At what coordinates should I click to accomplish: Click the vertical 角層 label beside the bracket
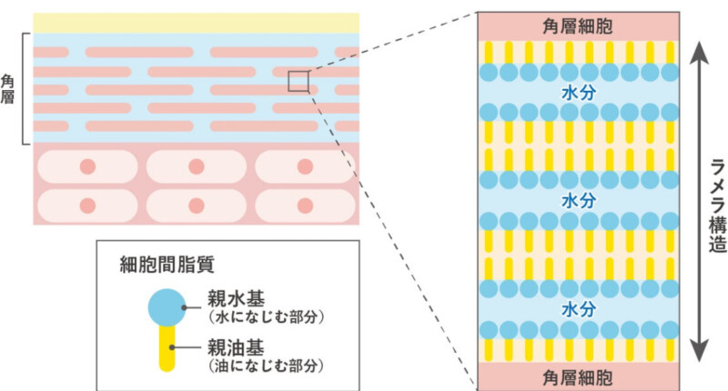pos(7,89)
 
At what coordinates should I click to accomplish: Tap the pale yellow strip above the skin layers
pos(196,23)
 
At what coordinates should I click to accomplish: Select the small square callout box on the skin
pos(298,81)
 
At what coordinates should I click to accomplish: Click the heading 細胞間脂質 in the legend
pos(167,265)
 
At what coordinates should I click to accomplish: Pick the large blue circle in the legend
pos(167,307)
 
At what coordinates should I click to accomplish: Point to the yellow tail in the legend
pos(167,348)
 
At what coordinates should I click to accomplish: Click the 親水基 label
pos(236,299)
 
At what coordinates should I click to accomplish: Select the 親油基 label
pos(236,347)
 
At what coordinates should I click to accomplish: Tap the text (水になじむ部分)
pos(266,317)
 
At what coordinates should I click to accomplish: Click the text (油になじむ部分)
pos(266,366)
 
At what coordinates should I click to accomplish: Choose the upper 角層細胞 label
pos(578,26)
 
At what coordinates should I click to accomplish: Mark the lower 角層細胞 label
pos(578,378)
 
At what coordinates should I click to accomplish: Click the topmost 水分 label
pos(579,93)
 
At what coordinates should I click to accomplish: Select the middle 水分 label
pos(579,201)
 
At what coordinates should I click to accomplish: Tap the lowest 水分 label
pos(579,309)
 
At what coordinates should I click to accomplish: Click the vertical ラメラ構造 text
pos(718,206)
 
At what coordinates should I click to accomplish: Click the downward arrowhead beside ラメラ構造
pos(699,351)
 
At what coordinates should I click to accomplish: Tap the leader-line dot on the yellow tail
pos(172,347)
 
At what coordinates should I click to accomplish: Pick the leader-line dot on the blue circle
pos(185,307)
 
